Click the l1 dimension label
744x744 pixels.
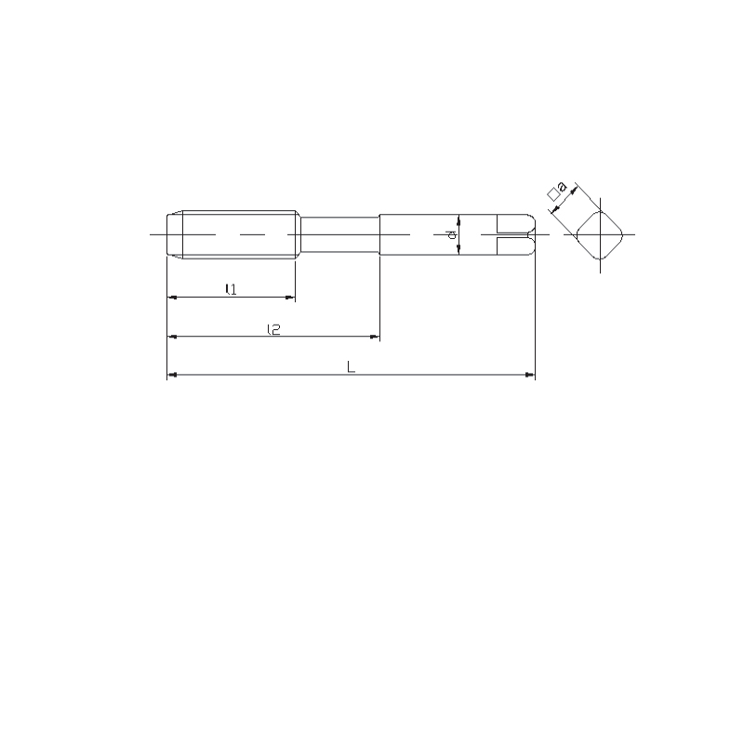coord(231,289)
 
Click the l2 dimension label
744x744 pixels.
coord(273,329)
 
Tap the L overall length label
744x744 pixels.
coord(352,366)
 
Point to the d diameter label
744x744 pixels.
coord(452,234)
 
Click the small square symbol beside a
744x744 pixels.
coord(553,194)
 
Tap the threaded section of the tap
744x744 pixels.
coord(239,234)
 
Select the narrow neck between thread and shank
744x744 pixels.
coord(339,234)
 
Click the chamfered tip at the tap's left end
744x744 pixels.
coord(175,234)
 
